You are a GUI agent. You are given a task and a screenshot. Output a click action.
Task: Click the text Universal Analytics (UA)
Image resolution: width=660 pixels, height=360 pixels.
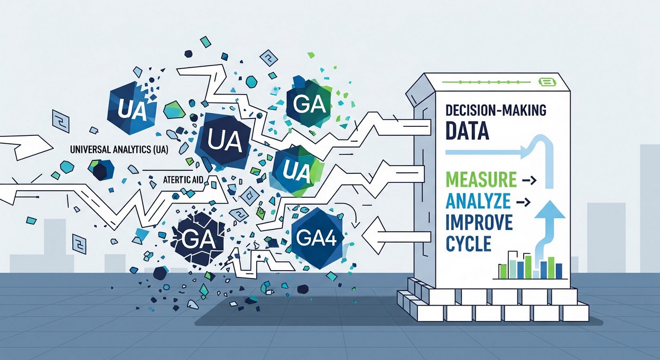coord(119,150)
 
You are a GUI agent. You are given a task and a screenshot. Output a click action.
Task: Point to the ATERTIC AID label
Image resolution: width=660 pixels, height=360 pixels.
coord(183,180)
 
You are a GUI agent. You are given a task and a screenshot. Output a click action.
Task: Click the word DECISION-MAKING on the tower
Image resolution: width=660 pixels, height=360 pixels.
coord(496,110)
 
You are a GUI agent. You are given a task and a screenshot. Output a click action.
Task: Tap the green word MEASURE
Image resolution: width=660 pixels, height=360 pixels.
coord(481,179)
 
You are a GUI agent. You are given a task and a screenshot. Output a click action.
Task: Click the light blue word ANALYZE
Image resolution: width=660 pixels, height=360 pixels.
coord(478,201)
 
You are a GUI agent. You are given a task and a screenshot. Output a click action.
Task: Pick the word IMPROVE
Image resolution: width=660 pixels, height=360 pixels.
coord(479,223)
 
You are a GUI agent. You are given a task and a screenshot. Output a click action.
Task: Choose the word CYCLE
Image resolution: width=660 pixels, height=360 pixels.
coord(469,244)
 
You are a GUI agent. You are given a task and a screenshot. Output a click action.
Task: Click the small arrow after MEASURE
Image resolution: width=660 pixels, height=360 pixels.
coord(529,180)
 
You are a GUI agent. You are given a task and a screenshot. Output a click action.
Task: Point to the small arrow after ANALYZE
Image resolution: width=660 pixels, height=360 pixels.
coord(523,202)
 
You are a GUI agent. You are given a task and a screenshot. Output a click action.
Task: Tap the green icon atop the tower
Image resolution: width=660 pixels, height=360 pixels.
coord(549,82)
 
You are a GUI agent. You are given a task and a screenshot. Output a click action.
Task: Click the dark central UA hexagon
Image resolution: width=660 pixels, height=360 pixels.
coord(225,142)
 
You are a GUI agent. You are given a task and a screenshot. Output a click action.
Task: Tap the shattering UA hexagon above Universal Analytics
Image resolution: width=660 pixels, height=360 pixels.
coord(132,109)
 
